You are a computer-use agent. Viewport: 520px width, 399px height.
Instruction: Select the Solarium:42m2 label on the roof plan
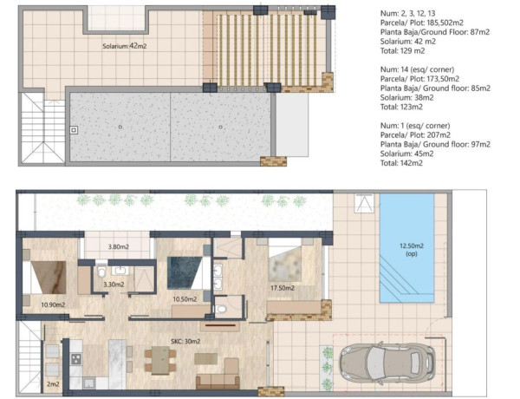click(108, 46)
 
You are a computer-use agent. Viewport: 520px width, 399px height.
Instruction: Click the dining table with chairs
click(159, 358)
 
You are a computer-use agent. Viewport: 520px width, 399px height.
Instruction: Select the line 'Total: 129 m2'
click(404, 51)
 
